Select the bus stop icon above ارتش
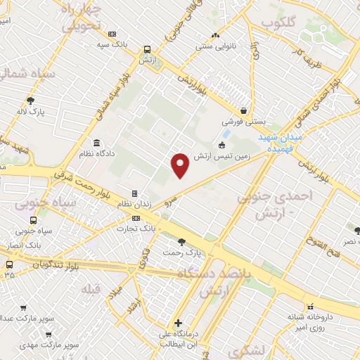coord(147,49)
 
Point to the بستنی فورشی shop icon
coord(243,110)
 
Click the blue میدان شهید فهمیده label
coord(280,143)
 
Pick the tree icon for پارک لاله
coord(30,100)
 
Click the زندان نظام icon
coord(134,193)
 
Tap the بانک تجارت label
coord(137,229)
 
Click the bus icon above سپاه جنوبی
coord(34,219)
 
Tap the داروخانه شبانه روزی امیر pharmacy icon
coord(310,306)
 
